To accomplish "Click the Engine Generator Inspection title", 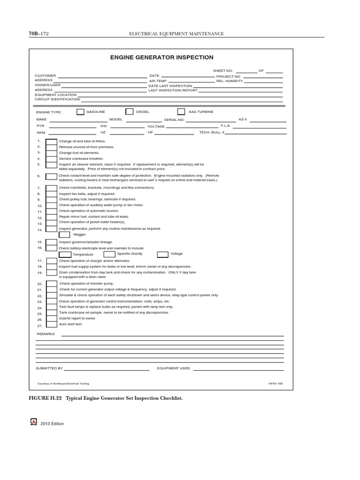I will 162,58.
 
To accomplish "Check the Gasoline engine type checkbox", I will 80,112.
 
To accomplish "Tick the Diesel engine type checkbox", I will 129,112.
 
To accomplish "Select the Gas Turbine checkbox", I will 181,112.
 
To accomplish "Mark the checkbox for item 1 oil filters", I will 52,142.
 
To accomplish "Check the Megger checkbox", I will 64,234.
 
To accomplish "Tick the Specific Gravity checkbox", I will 103,254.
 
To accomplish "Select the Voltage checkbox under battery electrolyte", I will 163,254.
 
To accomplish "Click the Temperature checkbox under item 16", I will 65,254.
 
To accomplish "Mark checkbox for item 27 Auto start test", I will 52,324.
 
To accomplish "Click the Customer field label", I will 45,75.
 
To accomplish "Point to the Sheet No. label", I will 223,71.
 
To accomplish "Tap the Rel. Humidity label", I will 230,81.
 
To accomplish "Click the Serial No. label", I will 174,120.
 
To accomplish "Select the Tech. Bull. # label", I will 212,133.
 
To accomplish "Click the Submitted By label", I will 49,368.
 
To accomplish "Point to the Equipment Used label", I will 173,368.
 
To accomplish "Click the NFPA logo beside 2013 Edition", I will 33,422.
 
